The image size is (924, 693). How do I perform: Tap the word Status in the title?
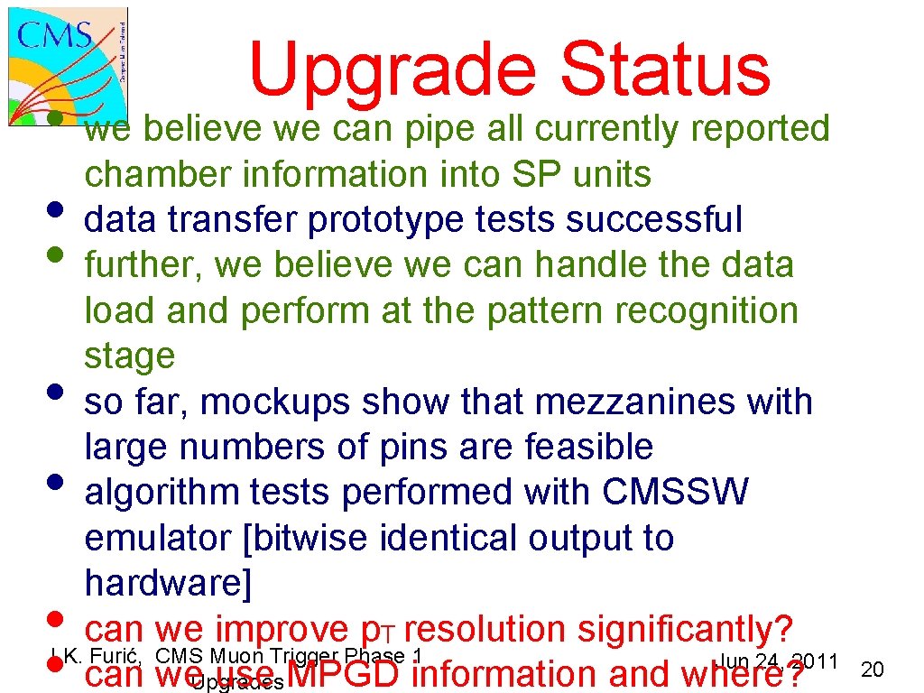point(665,68)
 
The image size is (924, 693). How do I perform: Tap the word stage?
point(129,356)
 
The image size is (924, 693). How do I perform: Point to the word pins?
point(424,448)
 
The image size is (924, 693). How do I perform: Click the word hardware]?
point(167,584)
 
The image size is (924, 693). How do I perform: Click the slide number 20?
point(872,670)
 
